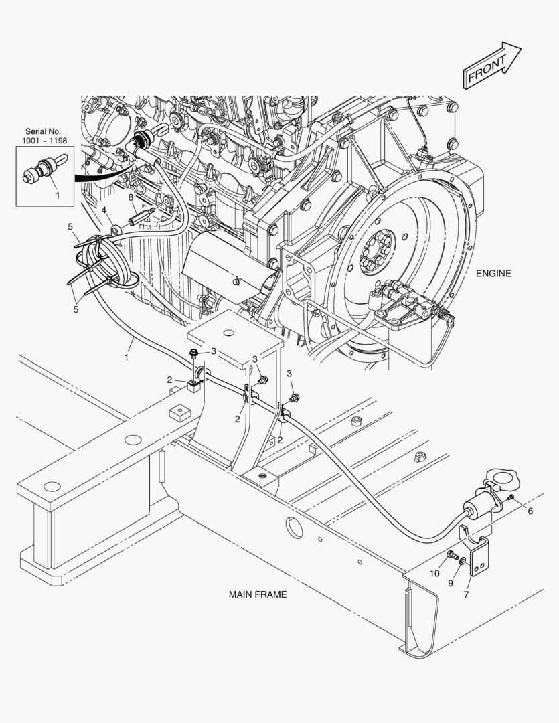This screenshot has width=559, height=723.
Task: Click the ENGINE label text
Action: [x=493, y=273]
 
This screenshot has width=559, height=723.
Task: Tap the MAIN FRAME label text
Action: [x=258, y=594]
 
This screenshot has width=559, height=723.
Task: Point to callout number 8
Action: [x=131, y=197]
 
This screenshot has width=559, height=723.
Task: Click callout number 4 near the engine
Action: [x=104, y=210]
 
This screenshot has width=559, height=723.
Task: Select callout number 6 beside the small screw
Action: [x=530, y=511]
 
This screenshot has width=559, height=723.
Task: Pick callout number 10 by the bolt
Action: [x=434, y=574]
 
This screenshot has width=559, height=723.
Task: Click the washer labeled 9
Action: [x=462, y=560]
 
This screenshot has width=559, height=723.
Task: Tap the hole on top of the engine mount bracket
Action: [x=228, y=332]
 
